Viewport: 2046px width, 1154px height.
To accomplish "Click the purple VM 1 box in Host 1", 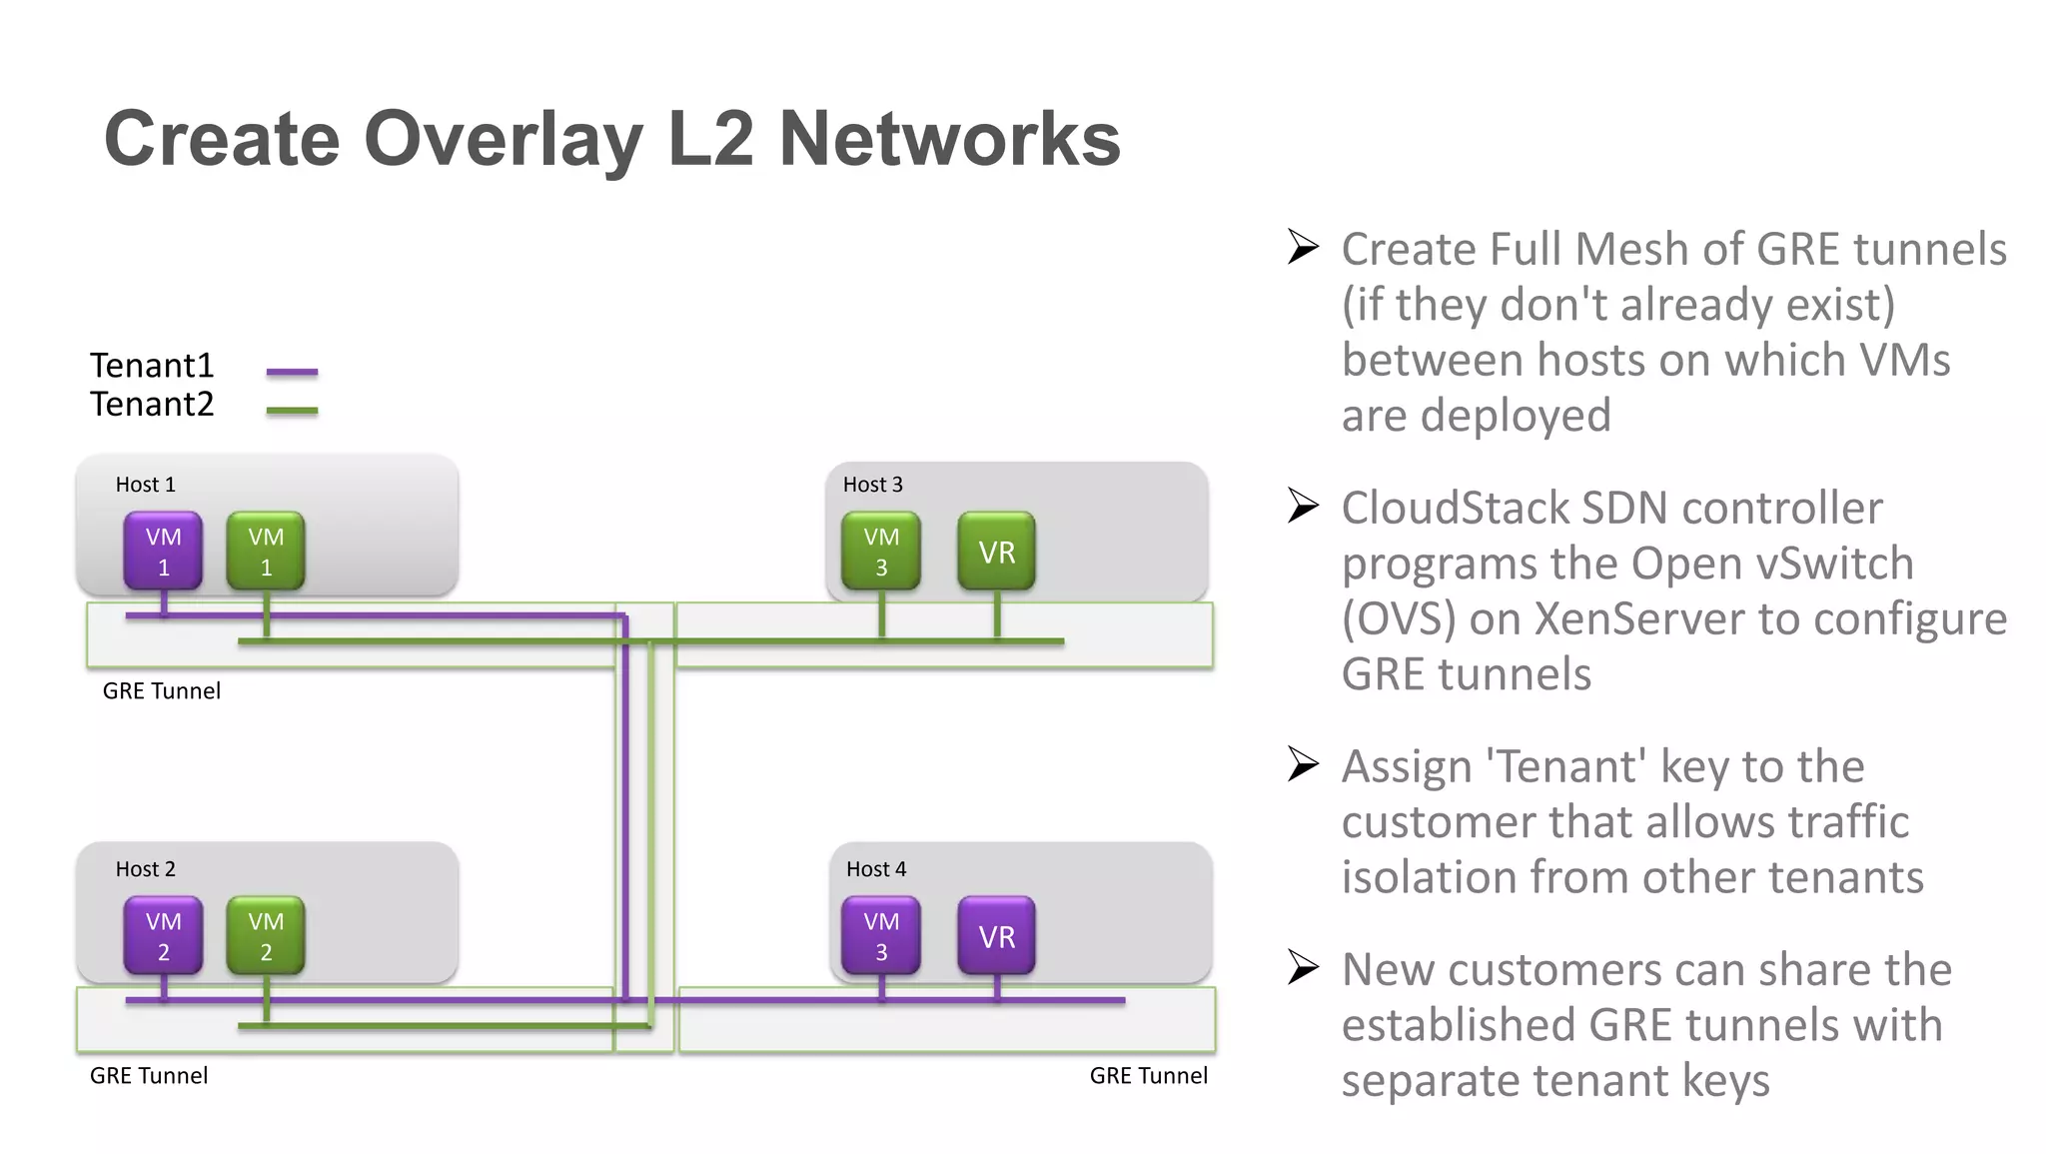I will [163, 551].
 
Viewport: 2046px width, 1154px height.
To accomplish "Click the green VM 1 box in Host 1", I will [266, 551].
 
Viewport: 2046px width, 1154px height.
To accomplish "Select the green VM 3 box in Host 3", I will [881, 551].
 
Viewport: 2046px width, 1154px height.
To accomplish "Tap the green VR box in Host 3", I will [996, 551].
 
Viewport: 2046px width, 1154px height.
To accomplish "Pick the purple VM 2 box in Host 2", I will [163, 935].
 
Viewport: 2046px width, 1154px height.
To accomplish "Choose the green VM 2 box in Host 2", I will [266, 935].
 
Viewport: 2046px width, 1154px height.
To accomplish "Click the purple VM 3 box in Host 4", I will [881, 935].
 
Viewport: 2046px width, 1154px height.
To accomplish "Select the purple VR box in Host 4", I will [996, 935].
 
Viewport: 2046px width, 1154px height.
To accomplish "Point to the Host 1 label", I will [145, 485].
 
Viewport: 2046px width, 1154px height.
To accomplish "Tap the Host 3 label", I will [872, 485].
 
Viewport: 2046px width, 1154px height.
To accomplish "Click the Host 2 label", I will [145, 869].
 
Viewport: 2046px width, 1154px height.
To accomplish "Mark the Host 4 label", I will [876, 869].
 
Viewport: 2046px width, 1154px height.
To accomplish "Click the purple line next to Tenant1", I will [292, 372].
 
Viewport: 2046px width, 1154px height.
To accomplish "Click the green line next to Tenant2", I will [292, 410].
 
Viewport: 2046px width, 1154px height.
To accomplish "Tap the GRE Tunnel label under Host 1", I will [161, 690].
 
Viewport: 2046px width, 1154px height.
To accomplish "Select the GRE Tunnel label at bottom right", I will [1148, 1075].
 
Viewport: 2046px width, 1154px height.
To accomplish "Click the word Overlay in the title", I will [504, 140].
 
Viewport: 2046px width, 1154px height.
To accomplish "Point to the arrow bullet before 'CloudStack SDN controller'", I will [1303, 506].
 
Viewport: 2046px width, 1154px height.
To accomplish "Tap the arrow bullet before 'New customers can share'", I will [1303, 967].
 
